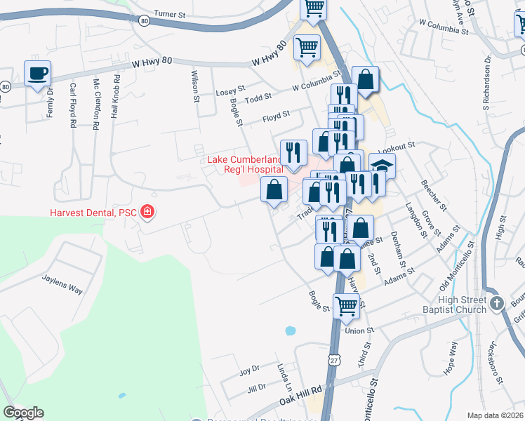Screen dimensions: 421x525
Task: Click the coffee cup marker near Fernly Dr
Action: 37,73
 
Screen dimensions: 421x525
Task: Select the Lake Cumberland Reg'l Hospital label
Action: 245,164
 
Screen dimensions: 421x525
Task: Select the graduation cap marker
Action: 383,166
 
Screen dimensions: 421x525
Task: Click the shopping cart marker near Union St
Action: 346,306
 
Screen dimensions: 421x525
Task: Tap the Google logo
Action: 23,413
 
